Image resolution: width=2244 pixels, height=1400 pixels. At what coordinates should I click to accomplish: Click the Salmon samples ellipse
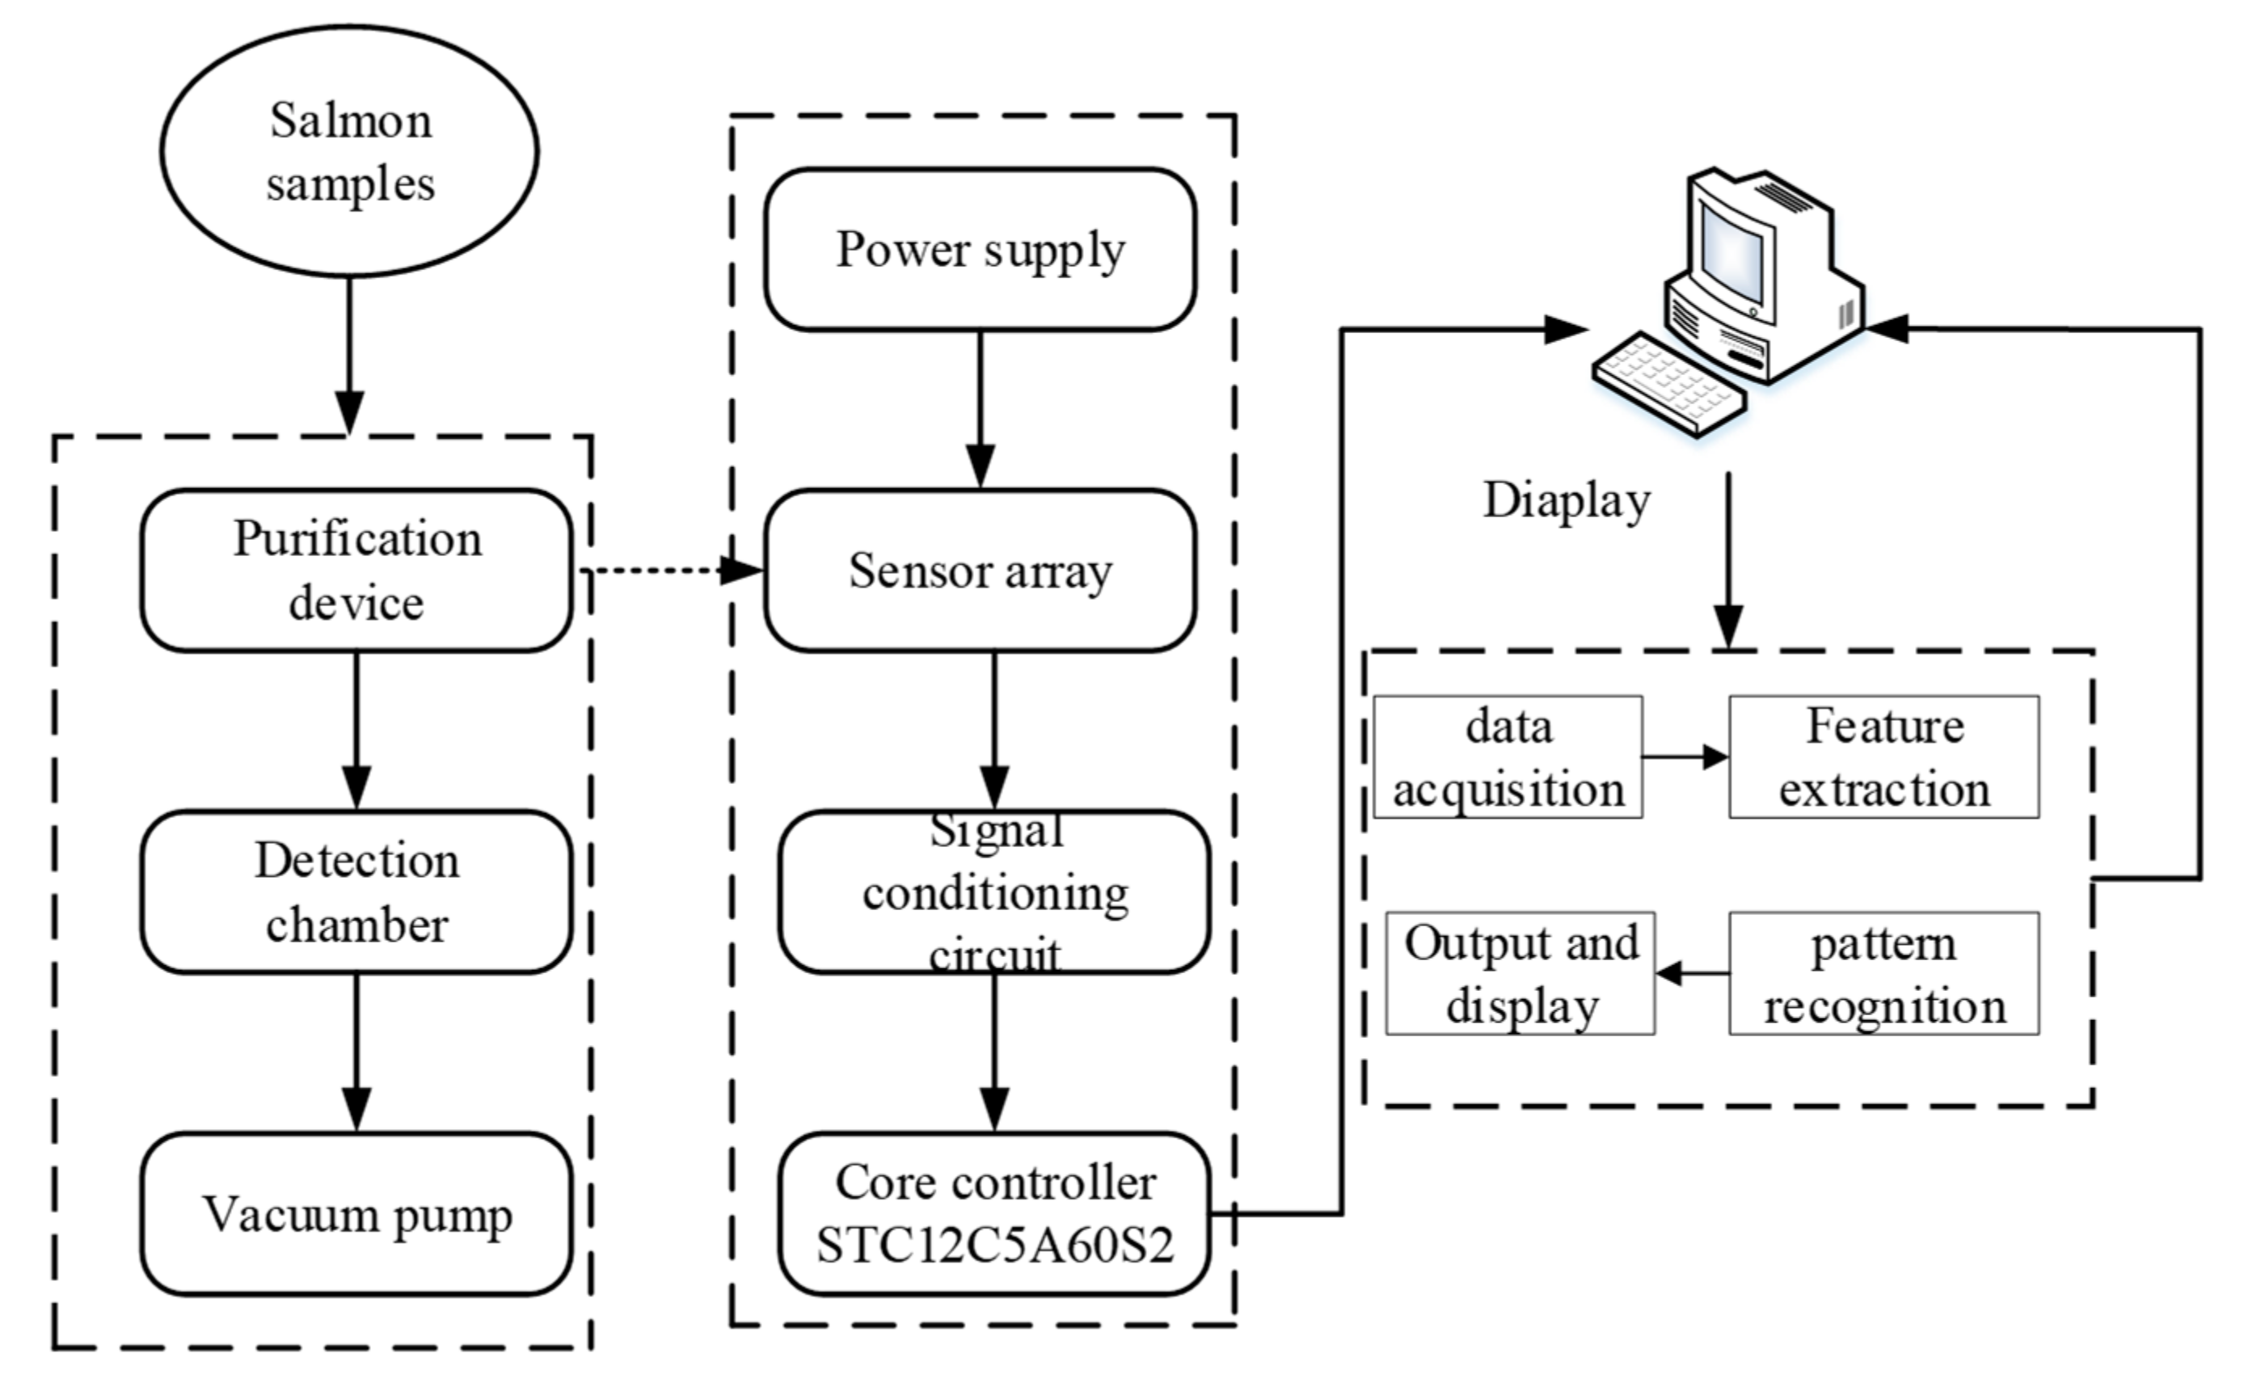[349, 151]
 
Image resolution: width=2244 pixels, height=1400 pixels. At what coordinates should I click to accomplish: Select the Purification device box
[356, 571]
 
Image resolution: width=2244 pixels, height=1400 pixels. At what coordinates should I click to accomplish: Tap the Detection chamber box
[356, 892]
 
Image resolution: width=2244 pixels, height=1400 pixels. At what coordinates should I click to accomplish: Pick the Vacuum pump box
[356, 1214]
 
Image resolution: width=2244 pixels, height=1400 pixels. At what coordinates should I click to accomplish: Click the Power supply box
[980, 249]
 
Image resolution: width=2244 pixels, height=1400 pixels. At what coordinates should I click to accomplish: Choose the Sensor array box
[980, 571]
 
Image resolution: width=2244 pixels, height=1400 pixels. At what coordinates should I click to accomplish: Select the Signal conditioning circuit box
[994, 892]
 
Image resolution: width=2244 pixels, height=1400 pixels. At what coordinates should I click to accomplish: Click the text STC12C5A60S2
[994, 1246]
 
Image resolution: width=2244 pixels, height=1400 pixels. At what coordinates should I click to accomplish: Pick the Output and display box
[1520, 973]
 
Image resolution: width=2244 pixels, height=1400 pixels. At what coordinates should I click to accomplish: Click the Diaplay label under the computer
[1567, 501]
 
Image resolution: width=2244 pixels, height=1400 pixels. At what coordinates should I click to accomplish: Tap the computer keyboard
[1669, 383]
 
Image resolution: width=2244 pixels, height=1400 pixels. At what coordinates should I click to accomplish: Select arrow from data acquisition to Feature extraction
[1685, 757]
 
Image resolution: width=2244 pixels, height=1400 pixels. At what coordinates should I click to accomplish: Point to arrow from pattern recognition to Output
[1692, 973]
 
